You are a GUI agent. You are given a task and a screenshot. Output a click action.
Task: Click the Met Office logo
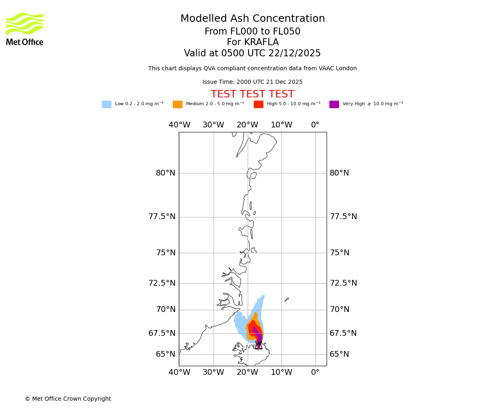25,29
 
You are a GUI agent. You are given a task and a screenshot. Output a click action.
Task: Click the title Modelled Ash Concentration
252,19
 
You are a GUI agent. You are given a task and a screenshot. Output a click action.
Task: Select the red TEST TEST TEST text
252,95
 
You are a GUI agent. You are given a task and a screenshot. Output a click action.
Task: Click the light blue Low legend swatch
106,104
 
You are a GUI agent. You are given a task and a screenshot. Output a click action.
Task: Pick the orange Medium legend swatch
177,104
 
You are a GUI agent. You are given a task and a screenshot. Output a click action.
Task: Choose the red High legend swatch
258,104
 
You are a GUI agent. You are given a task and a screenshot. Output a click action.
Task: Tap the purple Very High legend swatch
334,104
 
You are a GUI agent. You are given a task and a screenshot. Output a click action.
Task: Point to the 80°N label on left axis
165,173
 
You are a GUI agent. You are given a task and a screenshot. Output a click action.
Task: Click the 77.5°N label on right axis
343,217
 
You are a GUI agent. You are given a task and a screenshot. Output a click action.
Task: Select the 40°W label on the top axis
180,125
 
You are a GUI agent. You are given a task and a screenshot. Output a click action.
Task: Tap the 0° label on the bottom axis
315,372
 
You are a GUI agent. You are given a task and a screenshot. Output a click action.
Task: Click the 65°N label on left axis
165,354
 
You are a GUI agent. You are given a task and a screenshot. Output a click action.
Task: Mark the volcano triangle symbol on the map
258,346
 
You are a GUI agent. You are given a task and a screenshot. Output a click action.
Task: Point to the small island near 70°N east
286,300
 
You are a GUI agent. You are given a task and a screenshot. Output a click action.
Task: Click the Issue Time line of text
252,82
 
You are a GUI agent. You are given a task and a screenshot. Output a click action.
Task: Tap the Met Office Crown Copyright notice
68,399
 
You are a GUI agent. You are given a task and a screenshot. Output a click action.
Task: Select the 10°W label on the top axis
281,125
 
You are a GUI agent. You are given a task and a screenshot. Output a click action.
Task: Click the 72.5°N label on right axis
343,283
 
